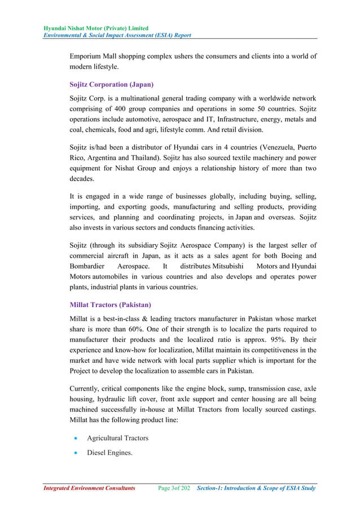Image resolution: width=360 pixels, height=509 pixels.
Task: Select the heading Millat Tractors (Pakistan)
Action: (109, 305)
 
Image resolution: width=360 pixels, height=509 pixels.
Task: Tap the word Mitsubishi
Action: (224, 266)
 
